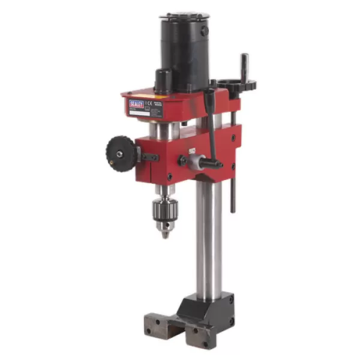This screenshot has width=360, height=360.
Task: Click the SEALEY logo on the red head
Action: (136, 104)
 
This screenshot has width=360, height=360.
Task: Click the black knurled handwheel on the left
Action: (120, 154)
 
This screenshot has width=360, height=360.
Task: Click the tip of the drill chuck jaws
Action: (164, 234)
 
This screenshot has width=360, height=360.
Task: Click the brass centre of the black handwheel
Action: (120, 154)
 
